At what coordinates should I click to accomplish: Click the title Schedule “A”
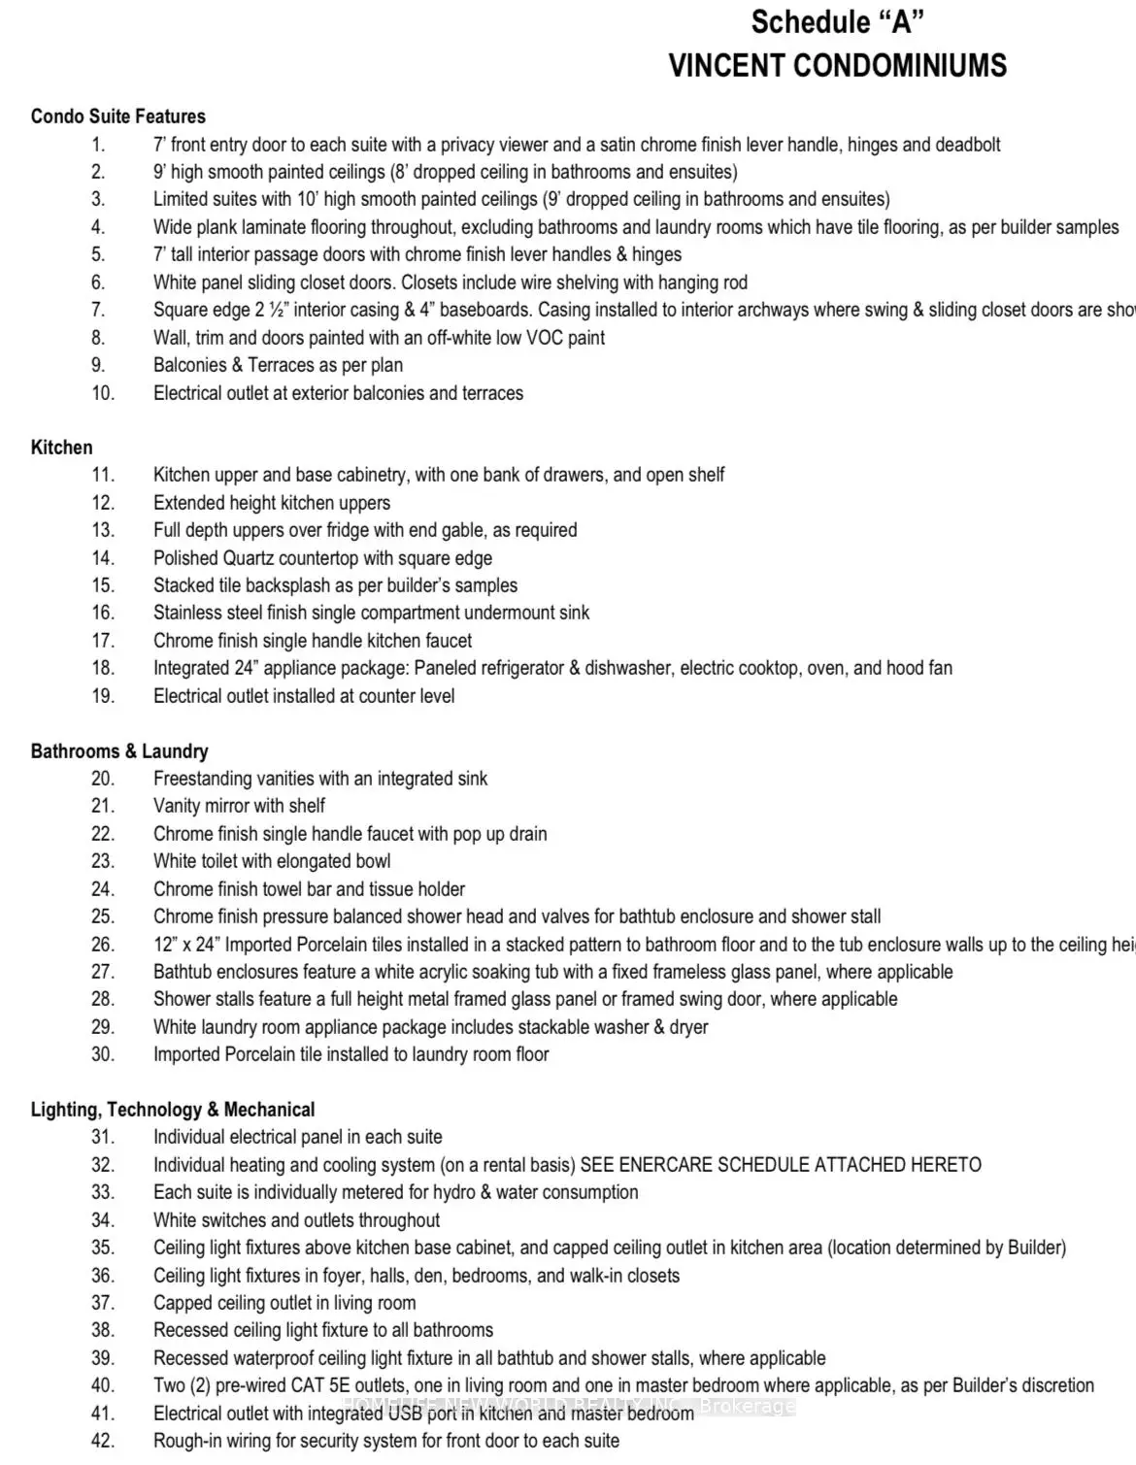click(x=837, y=21)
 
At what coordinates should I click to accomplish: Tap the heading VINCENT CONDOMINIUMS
click(x=837, y=66)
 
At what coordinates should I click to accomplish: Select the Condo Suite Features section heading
click(x=118, y=117)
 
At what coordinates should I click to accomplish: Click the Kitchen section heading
click(x=62, y=448)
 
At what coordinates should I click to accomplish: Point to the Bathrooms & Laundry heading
click(x=119, y=751)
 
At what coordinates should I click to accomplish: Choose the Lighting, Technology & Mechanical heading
click(x=173, y=1110)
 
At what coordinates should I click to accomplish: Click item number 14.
click(x=103, y=558)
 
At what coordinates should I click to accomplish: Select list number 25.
click(x=103, y=916)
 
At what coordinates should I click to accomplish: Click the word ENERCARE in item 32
click(x=665, y=1165)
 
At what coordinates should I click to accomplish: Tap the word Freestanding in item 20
click(x=201, y=779)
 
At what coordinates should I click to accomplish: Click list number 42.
click(x=103, y=1441)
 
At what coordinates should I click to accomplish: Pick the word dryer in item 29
click(x=689, y=1027)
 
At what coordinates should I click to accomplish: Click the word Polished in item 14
click(x=185, y=558)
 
